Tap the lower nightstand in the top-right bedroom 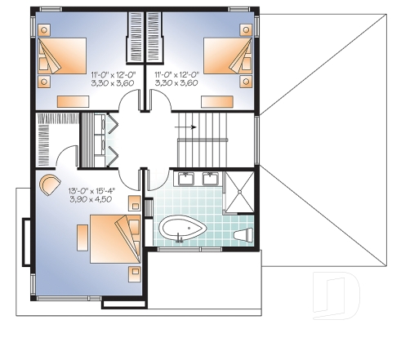243,82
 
